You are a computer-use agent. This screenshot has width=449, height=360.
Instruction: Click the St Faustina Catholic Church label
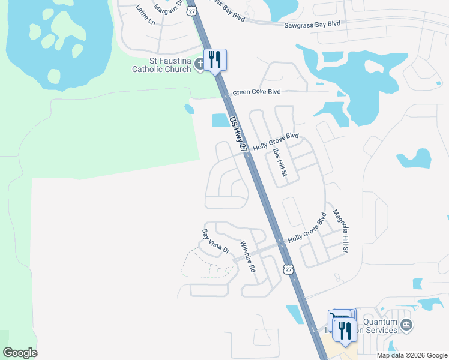point(162,65)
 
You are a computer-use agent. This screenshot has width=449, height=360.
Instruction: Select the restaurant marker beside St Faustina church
point(215,60)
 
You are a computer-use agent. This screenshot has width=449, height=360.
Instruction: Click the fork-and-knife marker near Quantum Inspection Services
point(345,331)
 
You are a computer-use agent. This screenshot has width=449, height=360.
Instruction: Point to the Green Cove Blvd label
point(257,92)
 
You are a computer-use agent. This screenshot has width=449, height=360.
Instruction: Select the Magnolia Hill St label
point(340,231)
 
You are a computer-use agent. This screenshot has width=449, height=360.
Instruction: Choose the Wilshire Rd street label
point(247,256)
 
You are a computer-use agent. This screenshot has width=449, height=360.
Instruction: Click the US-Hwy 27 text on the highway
point(238,135)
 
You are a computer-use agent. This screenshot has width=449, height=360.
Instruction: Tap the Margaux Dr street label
point(167,7)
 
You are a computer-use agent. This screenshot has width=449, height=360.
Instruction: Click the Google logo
point(20,353)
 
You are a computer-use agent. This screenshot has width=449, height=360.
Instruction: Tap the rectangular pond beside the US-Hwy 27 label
point(220,121)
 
